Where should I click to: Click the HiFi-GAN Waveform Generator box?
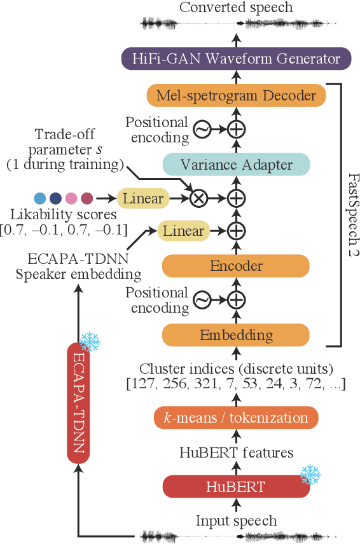click(236, 59)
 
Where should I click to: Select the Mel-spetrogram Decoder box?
click(236, 95)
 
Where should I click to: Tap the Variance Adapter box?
click(236, 165)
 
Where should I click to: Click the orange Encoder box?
click(236, 266)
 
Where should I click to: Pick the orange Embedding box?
click(236, 334)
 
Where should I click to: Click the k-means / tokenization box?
click(236, 418)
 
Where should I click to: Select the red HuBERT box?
click(236, 487)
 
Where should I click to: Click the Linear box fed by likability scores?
click(142, 198)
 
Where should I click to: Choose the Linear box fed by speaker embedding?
click(183, 231)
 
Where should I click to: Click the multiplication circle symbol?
click(199, 198)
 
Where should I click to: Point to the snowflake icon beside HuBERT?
click(310, 474)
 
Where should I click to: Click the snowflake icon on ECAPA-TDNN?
click(89, 341)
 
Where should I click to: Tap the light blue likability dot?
click(39, 198)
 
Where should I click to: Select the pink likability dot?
click(71, 198)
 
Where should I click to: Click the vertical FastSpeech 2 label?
click(350, 215)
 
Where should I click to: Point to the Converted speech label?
click(236, 8)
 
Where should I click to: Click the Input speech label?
click(236, 520)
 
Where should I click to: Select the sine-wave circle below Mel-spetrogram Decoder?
click(202, 130)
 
